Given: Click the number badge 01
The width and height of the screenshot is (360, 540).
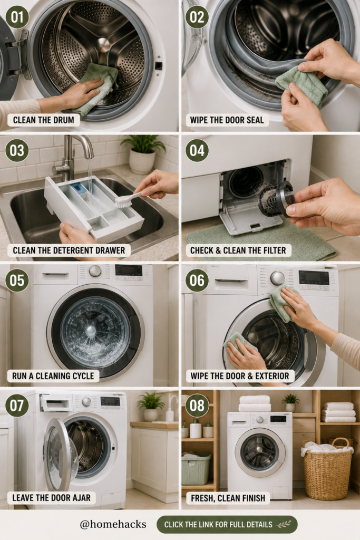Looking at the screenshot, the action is [x=17, y=17].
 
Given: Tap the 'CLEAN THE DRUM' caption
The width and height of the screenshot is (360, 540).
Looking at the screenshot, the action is [x=44, y=120].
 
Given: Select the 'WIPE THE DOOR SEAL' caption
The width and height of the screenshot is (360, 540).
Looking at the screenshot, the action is [x=227, y=120].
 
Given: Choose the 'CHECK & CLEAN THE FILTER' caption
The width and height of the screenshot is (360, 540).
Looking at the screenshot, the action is [x=238, y=250].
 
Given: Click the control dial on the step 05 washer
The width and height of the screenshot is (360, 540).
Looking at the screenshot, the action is [x=95, y=271].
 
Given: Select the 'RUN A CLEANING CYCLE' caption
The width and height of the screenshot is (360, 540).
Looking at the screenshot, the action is [x=53, y=375].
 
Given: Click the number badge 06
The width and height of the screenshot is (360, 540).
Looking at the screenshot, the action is [x=197, y=280].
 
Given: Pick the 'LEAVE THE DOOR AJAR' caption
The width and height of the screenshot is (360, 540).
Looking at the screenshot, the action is [x=52, y=498].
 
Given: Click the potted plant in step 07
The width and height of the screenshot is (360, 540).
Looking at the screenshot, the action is [x=150, y=407].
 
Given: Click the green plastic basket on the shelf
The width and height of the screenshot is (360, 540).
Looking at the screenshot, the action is [x=196, y=468].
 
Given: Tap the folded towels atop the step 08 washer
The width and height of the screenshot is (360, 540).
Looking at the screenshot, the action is [x=255, y=403].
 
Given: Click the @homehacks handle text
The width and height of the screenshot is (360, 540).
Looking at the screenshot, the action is [x=113, y=525].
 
